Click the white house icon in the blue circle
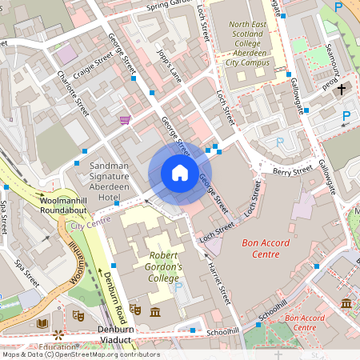pos(180,173)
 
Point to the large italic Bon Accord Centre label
pos(250,247)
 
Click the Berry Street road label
pos(293,170)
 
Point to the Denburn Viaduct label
pos(114,334)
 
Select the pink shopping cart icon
pos(125,120)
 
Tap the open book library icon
pos(42,322)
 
